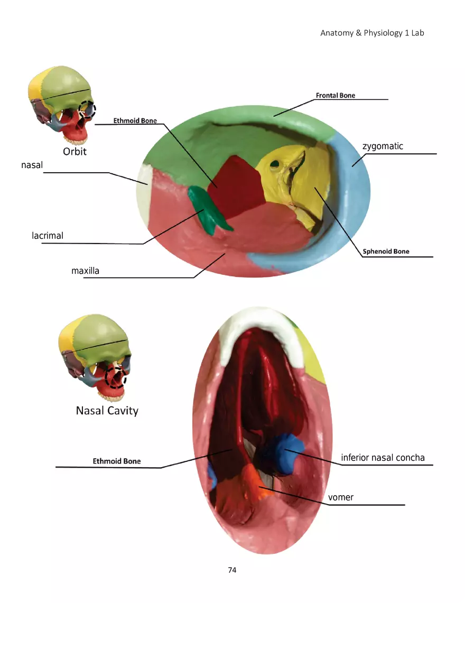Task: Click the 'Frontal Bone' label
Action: pyautogui.click(x=336, y=96)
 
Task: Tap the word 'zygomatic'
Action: pyautogui.click(x=383, y=146)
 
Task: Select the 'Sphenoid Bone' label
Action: pyautogui.click(x=386, y=252)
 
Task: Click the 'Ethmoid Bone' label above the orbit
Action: pyautogui.click(x=135, y=121)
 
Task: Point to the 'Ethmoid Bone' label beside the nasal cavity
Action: pyautogui.click(x=117, y=461)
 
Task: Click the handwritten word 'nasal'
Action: pyautogui.click(x=32, y=165)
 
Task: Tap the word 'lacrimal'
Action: pyautogui.click(x=48, y=236)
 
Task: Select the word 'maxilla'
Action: pyautogui.click(x=85, y=271)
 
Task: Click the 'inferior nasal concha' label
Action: pyautogui.click(x=383, y=458)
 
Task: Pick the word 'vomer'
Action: pyautogui.click(x=340, y=497)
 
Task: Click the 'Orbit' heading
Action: pyautogui.click(x=75, y=152)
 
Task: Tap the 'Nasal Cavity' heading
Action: pyautogui.click(x=107, y=411)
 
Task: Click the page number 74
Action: pyautogui.click(x=232, y=570)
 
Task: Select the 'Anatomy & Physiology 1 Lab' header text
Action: pyautogui.click(x=372, y=33)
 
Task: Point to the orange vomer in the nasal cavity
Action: pyautogui.click(x=256, y=482)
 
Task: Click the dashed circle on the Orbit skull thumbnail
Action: pyautogui.click(x=87, y=109)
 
